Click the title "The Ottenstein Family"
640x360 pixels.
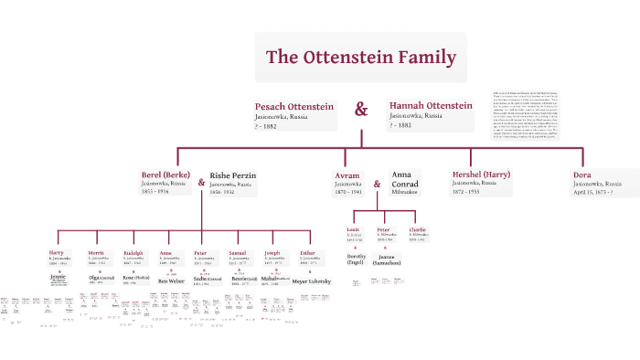[360, 58]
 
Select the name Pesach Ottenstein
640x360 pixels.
[294, 107]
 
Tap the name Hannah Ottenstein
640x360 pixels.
[430, 106]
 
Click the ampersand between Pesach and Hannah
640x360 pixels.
[361, 110]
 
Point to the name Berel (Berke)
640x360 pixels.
[165, 174]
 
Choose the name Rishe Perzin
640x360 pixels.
[233, 175]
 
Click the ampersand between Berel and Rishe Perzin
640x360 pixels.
[201, 182]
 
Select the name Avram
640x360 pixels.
[347, 174]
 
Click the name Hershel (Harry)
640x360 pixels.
[481, 174]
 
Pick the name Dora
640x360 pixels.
[582, 174]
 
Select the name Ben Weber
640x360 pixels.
[171, 281]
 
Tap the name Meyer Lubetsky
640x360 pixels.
[311, 281]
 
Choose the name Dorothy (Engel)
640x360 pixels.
[356, 260]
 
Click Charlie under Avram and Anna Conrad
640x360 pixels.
[417, 228]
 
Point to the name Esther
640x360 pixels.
[308, 251]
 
